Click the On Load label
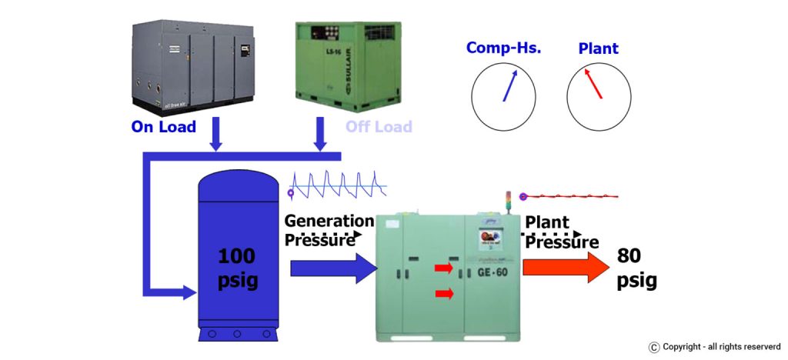point(163,127)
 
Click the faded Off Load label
point(378,127)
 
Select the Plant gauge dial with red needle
point(599,95)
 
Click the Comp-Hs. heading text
point(504,48)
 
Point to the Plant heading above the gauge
point(598,48)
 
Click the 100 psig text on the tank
point(238,268)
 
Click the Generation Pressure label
point(329,230)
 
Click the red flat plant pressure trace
point(569,196)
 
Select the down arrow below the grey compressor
point(215,135)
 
